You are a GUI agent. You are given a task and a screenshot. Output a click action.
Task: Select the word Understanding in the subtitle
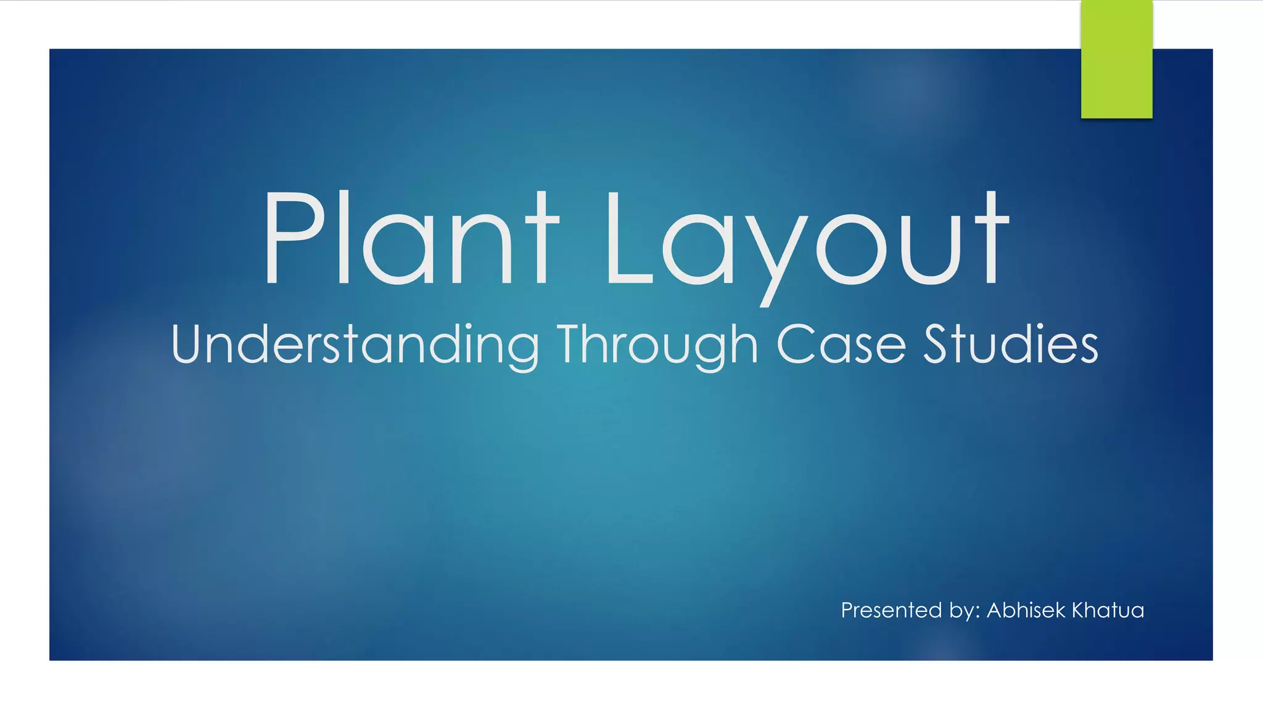tap(355, 345)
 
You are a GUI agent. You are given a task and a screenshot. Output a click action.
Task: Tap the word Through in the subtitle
tap(657, 345)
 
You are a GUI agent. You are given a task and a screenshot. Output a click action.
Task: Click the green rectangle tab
tap(1116, 59)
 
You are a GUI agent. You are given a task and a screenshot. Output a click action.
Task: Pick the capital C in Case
tap(795, 344)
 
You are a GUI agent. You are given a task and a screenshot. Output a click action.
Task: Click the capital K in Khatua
tap(1080, 610)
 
